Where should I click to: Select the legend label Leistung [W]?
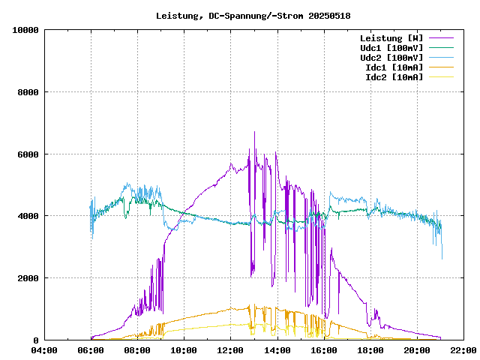pos(391,38)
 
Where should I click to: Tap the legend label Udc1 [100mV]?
pos(391,48)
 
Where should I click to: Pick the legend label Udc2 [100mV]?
pos(391,58)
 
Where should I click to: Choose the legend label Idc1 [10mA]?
pos(394,67)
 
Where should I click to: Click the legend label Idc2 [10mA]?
pos(394,77)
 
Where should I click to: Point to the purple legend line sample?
pos(441,38)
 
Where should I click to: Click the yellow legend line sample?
pos(441,77)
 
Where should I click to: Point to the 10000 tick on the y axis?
pos(25,30)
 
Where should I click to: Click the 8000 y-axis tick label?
pos(28,92)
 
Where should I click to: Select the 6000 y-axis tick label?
pos(28,154)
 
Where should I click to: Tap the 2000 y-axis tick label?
pos(28,278)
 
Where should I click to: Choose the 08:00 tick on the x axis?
pos(138,350)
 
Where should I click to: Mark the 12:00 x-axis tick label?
pos(231,350)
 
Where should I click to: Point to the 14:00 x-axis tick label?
pos(277,350)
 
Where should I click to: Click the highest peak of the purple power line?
pos(255,133)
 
